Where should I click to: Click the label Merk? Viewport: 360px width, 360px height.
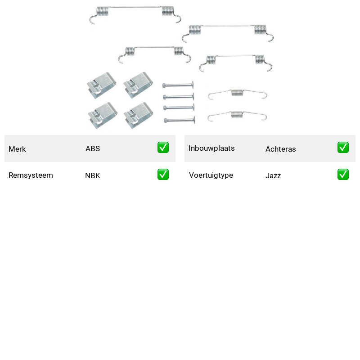tap(17, 149)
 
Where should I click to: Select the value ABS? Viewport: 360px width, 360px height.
tap(93, 148)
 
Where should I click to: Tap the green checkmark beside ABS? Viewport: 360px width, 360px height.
tap(163, 148)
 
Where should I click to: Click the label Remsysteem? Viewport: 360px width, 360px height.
tap(31, 175)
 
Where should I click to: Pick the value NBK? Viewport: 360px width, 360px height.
tap(93, 175)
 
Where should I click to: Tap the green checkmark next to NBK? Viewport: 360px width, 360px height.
tap(163, 175)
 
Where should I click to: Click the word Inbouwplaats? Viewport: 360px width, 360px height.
tap(211, 148)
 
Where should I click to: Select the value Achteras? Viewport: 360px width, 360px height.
tap(280, 149)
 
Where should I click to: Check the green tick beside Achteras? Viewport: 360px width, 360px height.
tap(343, 148)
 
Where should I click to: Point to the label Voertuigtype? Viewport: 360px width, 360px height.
tap(211, 175)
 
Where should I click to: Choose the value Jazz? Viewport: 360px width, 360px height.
tap(273, 175)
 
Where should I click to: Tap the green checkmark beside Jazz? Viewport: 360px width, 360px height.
tap(343, 175)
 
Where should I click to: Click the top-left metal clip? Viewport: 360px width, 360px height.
tap(102, 85)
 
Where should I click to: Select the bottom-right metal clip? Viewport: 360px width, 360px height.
tap(139, 115)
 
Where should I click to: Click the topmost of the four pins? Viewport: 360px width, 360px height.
tap(178, 85)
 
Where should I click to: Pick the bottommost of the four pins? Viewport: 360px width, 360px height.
tap(180, 120)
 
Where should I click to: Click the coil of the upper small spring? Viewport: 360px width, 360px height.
tap(237, 93)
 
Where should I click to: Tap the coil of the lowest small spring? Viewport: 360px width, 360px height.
tap(237, 114)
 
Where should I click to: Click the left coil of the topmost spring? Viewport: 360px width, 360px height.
tap(103, 12)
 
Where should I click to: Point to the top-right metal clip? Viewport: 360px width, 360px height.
tap(138, 85)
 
